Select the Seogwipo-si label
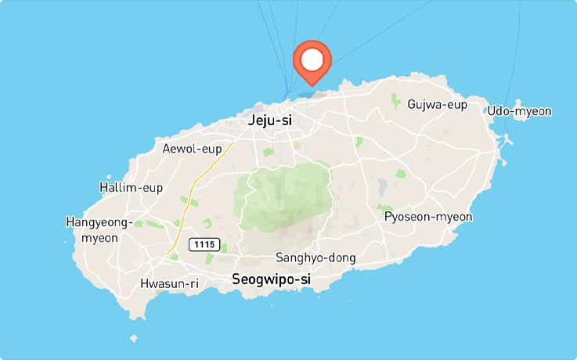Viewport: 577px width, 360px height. (x=272, y=279)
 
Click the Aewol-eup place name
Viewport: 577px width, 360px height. (x=192, y=148)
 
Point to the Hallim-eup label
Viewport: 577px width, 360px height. (x=131, y=187)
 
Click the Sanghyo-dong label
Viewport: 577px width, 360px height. (x=316, y=257)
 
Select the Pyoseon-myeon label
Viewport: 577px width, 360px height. (x=428, y=216)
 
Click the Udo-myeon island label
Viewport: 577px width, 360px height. (x=519, y=111)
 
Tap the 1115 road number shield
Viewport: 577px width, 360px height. (x=204, y=245)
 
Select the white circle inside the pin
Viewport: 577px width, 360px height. (x=312, y=59)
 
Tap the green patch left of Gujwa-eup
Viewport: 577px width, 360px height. (x=396, y=102)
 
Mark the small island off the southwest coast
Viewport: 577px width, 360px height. (x=134, y=339)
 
